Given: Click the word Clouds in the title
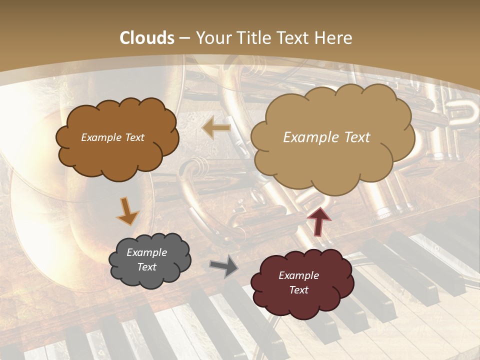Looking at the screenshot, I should (147, 38).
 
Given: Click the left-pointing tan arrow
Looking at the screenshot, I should (216, 128).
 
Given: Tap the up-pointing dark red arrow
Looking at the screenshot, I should (319, 221).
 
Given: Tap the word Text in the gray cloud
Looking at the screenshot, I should (147, 267).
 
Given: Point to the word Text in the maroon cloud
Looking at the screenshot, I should (299, 290).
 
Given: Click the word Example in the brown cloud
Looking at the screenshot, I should (100, 137).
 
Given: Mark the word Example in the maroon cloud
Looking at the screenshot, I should (298, 275).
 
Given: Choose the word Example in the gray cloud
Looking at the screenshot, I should (146, 252).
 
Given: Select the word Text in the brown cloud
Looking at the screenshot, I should (133, 137).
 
